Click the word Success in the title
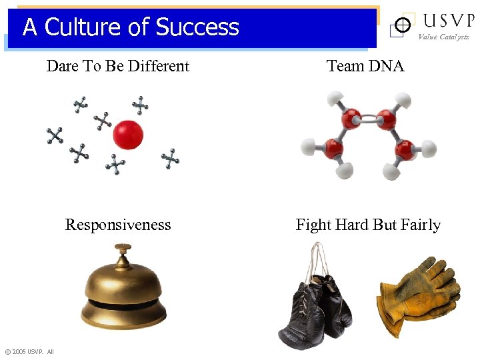(197, 27)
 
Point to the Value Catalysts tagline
(444, 37)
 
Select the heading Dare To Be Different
(118, 66)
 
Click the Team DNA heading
(365, 66)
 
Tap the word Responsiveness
(118, 225)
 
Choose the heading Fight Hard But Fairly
(368, 225)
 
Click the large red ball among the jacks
(128, 135)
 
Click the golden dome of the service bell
(124, 283)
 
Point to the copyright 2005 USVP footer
(29, 351)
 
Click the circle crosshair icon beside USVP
(401, 25)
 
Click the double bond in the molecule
(368, 119)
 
